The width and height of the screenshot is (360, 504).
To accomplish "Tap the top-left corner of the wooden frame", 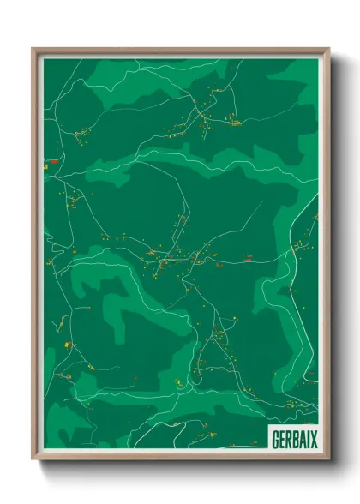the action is coord(33,49).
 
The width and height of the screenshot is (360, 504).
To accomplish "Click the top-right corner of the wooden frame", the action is coord(328,49).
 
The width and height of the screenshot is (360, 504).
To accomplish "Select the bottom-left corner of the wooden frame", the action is coord(33,459).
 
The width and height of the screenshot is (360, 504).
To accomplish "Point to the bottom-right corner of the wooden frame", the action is coord(328,459).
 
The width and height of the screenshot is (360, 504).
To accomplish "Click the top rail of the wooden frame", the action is coord(180,51).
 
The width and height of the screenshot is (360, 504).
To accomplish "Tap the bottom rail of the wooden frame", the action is coord(180,457).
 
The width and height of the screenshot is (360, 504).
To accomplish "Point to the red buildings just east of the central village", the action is coord(245,255).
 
